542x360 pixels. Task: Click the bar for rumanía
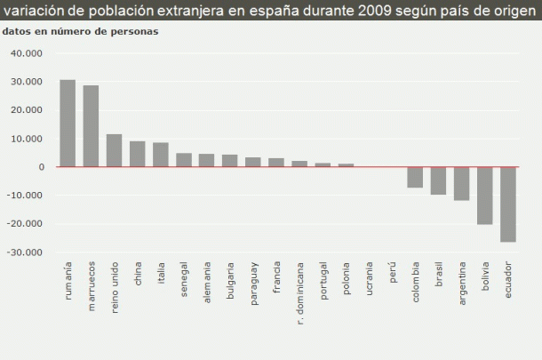coord(68,124)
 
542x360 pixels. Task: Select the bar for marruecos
coord(91,126)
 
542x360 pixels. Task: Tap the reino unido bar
coord(114,150)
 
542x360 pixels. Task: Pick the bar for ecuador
coord(507,204)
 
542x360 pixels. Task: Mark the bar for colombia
coord(415,177)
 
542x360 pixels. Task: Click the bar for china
coord(137,154)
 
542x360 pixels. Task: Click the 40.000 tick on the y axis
coord(27,53)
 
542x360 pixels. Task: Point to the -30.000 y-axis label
coord(26,252)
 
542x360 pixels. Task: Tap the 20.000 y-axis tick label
coord(27,110)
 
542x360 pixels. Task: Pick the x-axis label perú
coord(392,272)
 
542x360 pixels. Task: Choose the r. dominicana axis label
coord(299,292)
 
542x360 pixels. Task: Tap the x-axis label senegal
coord(184,279)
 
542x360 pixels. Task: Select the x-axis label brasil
coord(438,275)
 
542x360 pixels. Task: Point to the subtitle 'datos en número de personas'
coord(81,31)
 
